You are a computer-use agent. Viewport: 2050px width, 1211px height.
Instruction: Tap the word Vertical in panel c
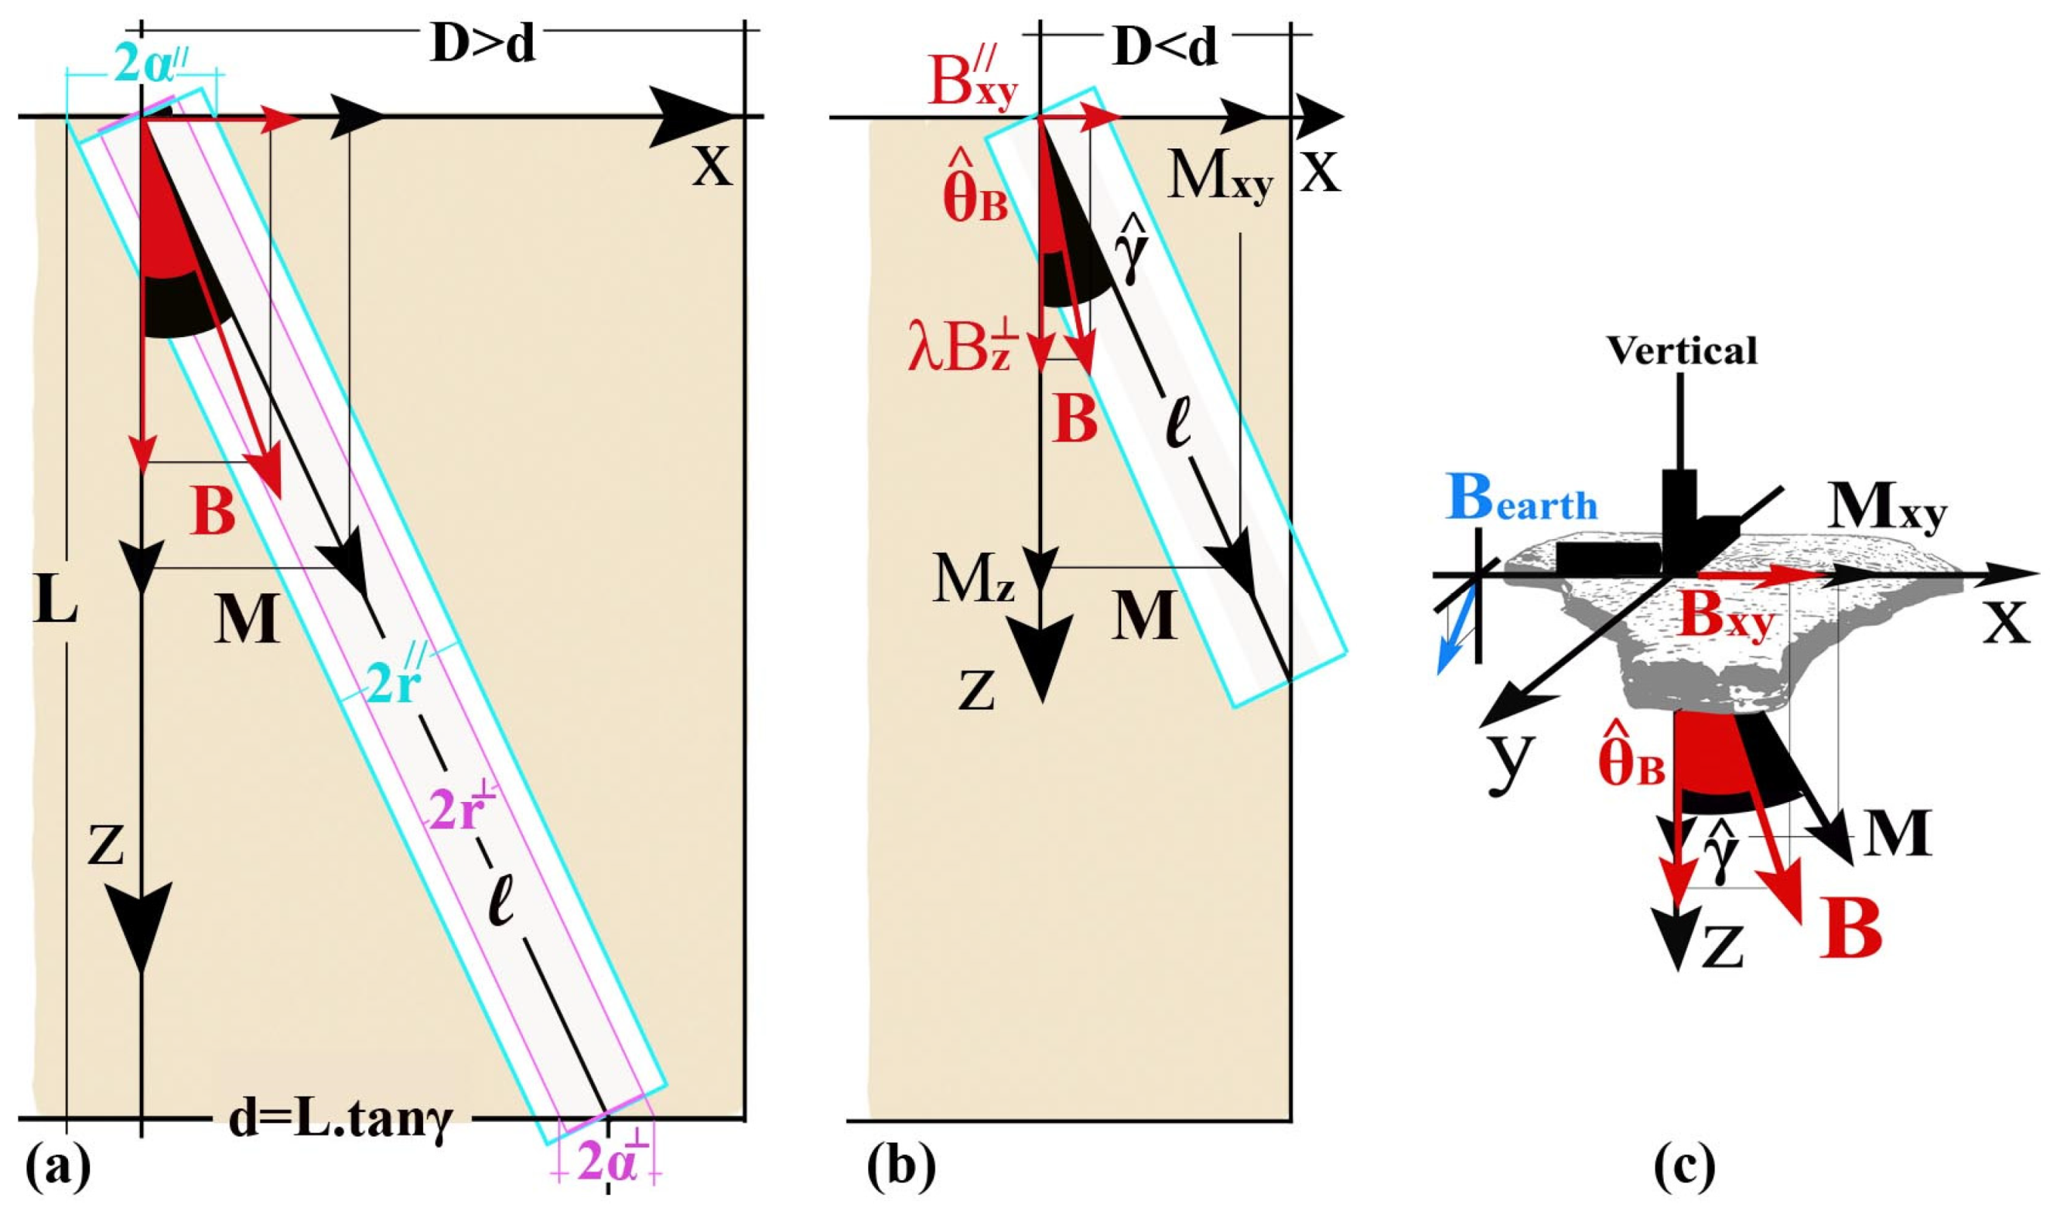(1682, 351)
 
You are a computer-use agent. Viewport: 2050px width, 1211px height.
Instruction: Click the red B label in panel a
(214, 512)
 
